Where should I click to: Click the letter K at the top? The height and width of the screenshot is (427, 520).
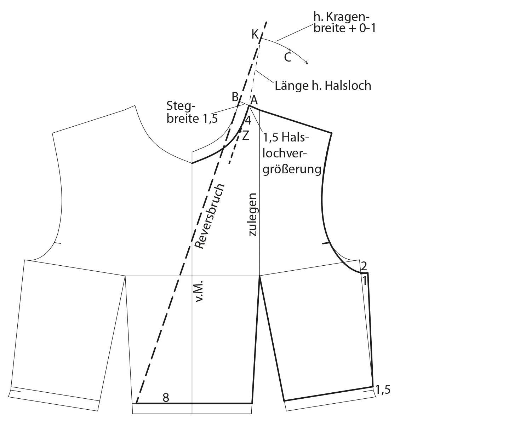point(255,34)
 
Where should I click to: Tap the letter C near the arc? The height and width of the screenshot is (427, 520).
point(288,57)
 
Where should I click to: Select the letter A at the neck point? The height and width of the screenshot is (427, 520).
point(254,100)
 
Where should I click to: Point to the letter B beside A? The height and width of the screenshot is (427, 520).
point(235,97)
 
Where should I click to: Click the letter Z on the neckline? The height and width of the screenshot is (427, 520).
point(246,135)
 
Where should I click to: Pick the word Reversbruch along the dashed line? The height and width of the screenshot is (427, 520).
point(210,216)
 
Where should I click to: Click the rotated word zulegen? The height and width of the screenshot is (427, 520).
point(254,215)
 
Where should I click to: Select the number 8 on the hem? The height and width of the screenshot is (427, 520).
point(166,398)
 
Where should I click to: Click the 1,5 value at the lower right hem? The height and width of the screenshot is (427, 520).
point(383,390)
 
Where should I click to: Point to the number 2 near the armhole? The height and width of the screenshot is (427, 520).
point(364,265)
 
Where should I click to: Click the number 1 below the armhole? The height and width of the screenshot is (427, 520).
point(364,281)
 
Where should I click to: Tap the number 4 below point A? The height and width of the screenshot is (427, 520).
point(248,121)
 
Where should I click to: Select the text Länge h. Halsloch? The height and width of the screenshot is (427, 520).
point(323,86)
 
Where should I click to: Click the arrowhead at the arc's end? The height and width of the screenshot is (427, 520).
point(307,63)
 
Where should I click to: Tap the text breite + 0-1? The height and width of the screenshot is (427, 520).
point(344,28)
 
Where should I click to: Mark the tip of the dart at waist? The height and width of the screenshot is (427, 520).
point(260,276)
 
